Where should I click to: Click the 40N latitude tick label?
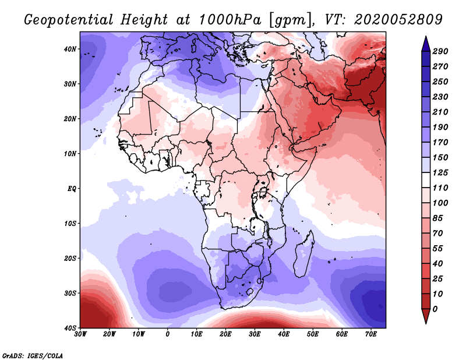click(x=70, y=49)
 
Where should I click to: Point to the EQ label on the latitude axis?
click(x=71, y=189)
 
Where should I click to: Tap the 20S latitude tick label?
click(x=70, y=258)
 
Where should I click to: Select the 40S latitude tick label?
click(x=70, y=327)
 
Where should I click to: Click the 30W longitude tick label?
click(x=81, y=334)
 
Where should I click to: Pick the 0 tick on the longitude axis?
click(x=168, y=334)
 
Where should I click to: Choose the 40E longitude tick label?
click(x=284, y=334)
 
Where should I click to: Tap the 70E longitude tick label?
click(x=371, y=334)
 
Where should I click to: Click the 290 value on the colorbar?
click(x=440, y=51)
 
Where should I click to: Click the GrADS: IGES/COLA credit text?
click(x=33, y=355)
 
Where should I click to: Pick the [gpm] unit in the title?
click(x=288, y=19)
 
